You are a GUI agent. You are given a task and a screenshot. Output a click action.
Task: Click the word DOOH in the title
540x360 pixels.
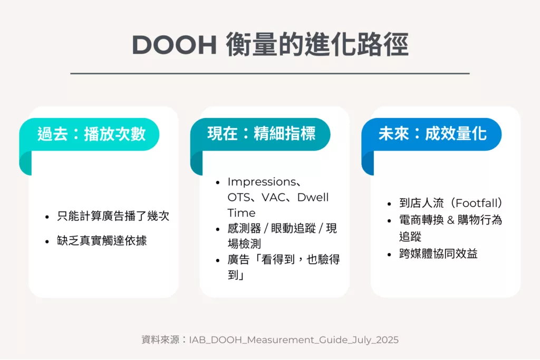point(174,44)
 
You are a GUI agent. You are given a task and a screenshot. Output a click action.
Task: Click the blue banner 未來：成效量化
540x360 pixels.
point(431,134)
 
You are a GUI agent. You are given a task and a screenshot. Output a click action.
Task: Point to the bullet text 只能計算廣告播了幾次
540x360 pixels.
point(113,216)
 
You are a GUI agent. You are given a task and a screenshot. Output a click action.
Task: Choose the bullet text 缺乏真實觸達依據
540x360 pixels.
point(102,240)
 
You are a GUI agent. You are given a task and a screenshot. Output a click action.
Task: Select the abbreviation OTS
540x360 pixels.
point(238,198)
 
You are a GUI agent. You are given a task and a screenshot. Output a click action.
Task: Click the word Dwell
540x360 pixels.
point(313,198)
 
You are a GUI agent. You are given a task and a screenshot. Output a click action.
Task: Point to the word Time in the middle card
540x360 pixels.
point(242,213)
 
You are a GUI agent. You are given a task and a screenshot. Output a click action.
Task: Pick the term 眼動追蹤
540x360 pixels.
point(293,228)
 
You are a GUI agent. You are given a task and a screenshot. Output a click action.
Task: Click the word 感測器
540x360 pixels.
point(244,228)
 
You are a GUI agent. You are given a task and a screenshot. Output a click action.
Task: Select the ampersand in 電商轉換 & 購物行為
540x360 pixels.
point(450,220)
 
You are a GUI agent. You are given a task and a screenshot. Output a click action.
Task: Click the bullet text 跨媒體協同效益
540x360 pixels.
point(438,254)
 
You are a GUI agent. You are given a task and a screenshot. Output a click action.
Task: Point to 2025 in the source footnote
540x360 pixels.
point(388,340)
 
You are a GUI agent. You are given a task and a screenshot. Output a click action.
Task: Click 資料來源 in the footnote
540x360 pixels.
point(160,340)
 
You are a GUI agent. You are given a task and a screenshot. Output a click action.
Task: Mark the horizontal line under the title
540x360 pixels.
point(270,73)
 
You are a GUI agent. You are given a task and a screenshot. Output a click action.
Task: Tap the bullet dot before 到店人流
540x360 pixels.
point(389,204)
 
